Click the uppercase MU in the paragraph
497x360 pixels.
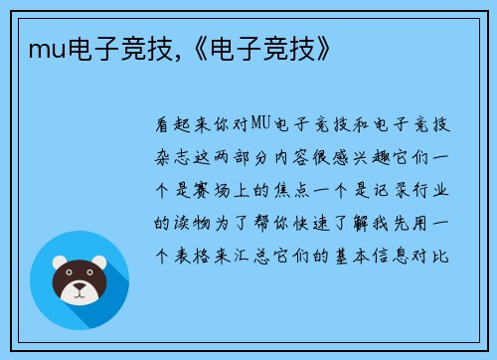(260, 124)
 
